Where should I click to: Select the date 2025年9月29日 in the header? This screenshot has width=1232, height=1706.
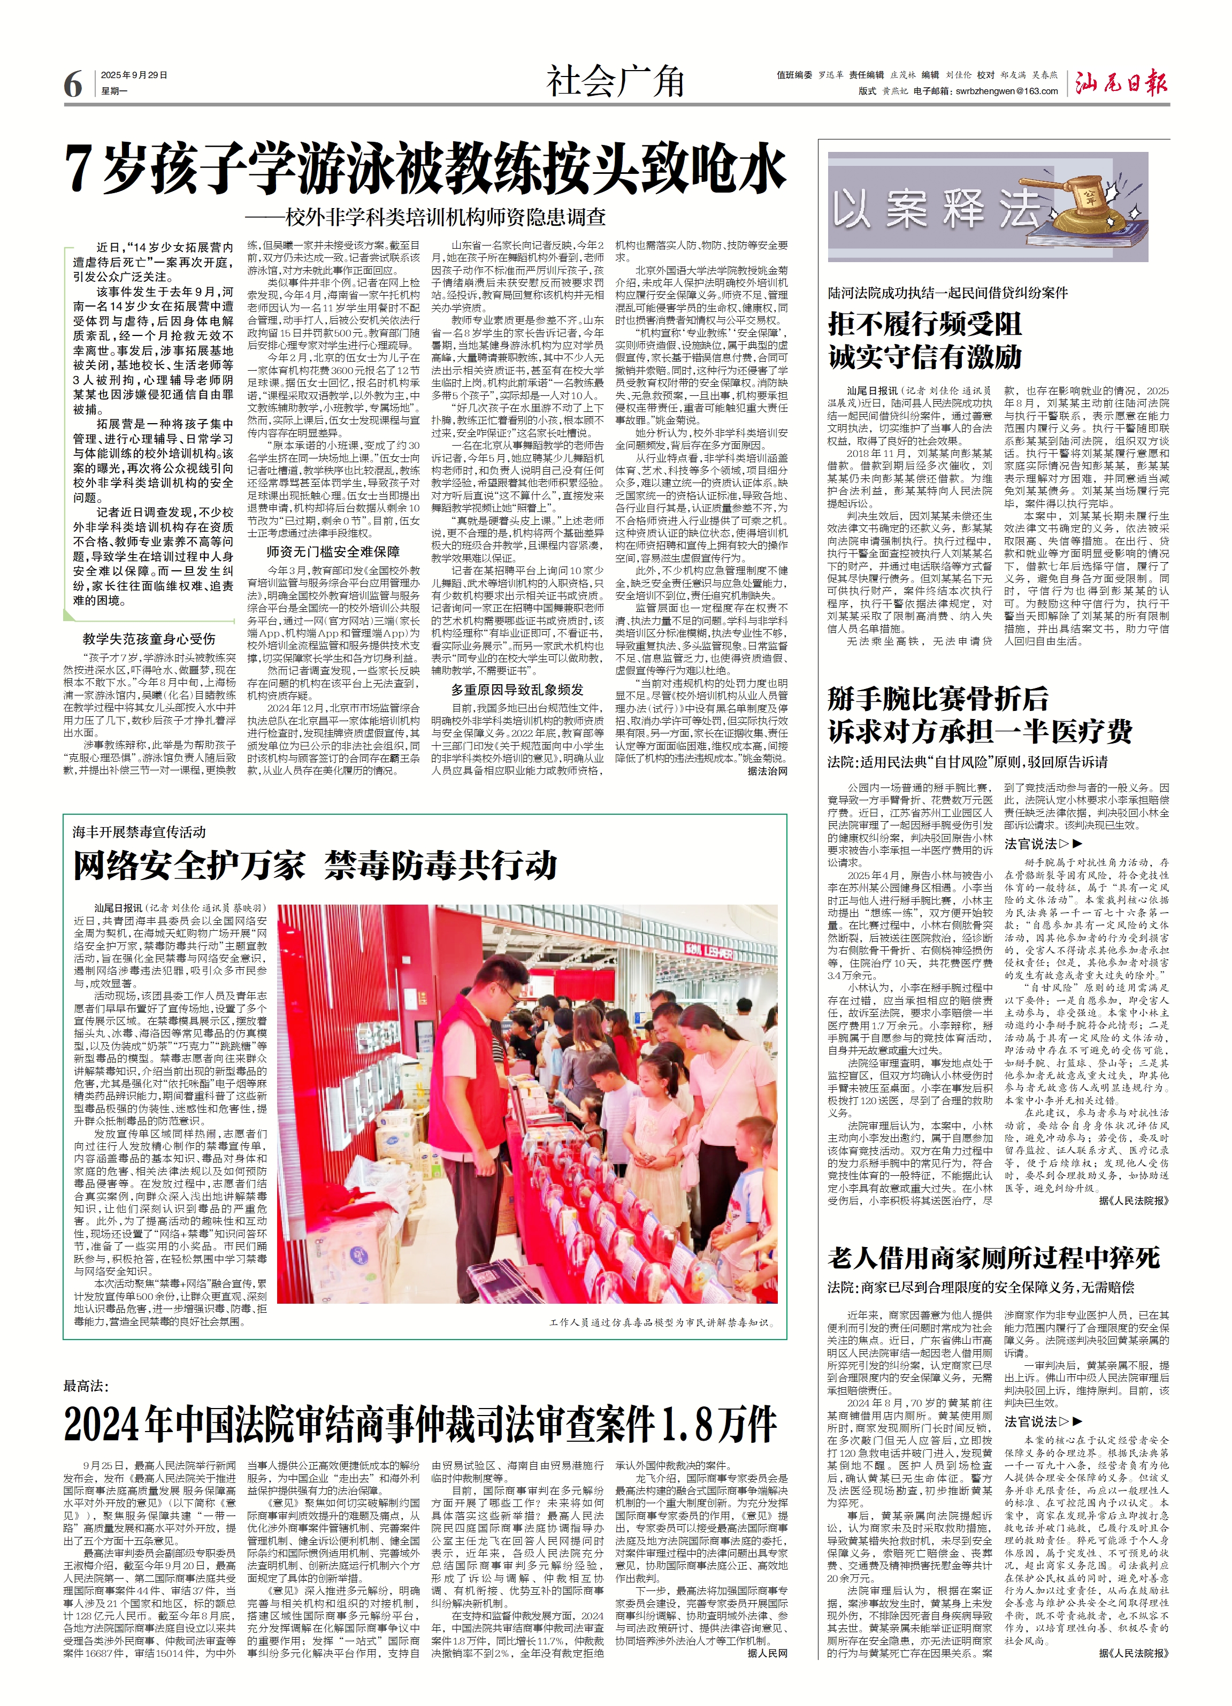(134, 75)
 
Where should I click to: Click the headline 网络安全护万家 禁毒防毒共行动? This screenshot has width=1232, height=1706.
(315, 866)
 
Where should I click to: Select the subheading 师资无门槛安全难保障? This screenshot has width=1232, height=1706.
(333, 552)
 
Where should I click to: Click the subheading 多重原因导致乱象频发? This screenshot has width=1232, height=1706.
(517, 690)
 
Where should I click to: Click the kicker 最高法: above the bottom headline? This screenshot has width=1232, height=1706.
(87, 1386)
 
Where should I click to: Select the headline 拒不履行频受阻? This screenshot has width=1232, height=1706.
(924, 324)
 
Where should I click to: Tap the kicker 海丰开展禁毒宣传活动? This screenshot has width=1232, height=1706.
(139, 832)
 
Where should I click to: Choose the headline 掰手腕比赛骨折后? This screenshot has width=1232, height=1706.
(937, 698)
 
